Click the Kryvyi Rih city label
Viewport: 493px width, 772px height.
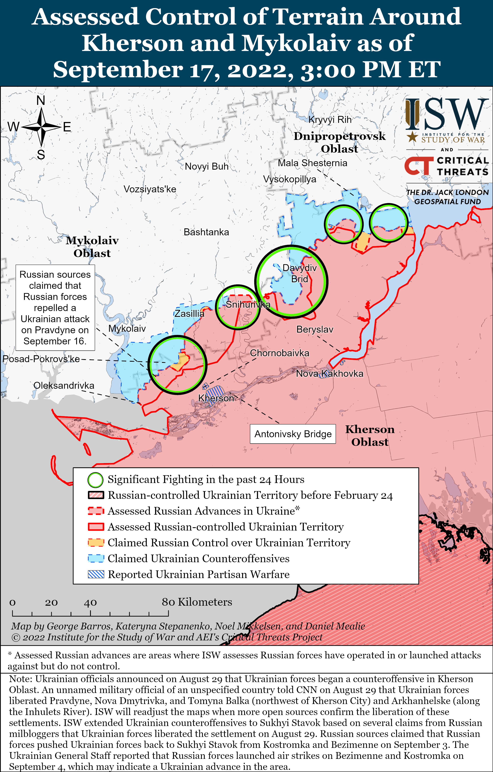(330, 120)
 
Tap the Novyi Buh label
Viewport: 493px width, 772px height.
(206, 166)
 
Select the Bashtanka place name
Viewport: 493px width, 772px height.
(206, 232)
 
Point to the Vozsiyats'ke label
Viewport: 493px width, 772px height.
(150, 189)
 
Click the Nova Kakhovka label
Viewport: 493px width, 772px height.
(329, 373)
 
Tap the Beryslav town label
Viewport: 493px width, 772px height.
(315, 329)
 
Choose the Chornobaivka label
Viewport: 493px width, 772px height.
(279, 353)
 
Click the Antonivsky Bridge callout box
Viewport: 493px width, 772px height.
(293, 434)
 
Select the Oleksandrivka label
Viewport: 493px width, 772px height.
(64, 385)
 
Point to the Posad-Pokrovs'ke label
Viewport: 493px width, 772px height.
(41, 359)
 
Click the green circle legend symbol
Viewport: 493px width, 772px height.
(95, 480)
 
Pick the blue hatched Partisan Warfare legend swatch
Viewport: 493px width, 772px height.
(96, 574)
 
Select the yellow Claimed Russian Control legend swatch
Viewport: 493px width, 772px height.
(96, 542)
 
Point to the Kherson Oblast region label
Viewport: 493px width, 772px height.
(370, 435)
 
